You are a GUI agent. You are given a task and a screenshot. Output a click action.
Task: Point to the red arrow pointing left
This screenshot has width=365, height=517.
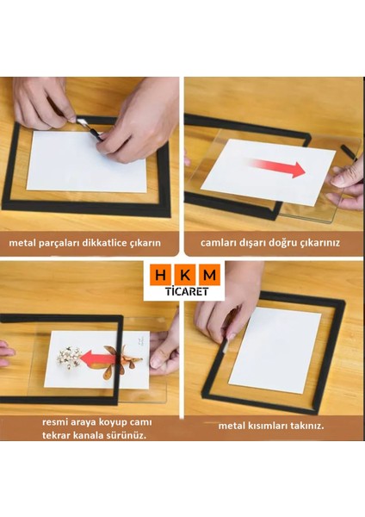point(98,356)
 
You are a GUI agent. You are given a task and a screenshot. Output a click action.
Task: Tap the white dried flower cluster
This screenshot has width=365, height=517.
point(69,355)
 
